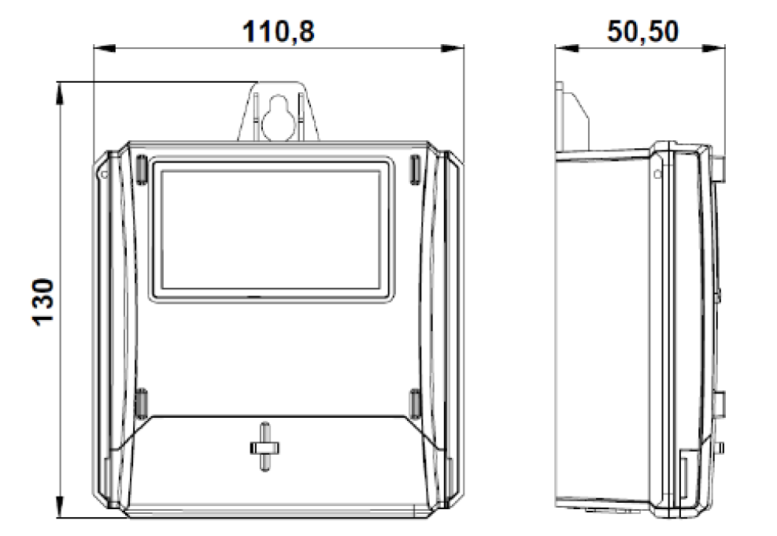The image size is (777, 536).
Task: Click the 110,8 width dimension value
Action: coord(278,32)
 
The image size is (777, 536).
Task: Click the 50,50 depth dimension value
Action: coord(642,32)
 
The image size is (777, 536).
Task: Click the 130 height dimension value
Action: coord(43,302)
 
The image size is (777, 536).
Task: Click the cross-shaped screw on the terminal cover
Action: coord(265,447)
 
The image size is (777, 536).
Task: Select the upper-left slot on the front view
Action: coord(141,169)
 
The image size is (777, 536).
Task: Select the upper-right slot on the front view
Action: coord(415,169)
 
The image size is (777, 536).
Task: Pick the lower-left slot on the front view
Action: coord(141,403)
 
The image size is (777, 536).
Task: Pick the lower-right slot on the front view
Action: coord(415,403)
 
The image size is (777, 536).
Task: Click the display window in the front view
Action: coord(272,230)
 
